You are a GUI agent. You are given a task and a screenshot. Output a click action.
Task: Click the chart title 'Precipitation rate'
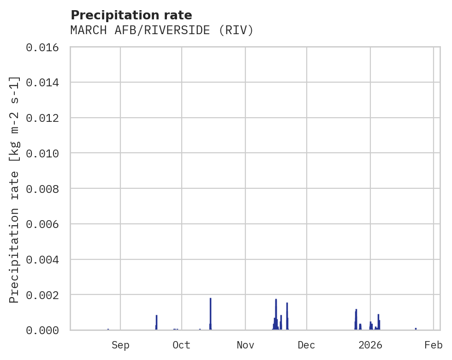131,15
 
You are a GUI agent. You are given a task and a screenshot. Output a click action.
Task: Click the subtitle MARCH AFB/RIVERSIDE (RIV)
162,30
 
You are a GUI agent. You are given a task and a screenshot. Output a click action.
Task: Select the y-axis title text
14,189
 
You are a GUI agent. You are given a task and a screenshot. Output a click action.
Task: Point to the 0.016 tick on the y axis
46,47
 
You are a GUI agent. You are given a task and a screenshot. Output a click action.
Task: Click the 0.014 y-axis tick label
46,83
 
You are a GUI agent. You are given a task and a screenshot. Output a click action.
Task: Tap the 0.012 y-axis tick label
46,118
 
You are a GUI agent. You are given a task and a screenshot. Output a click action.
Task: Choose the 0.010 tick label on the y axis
46,153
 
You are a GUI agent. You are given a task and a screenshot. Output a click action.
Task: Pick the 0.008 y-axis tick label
46,189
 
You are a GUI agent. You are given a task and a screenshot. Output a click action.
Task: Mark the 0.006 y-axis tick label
46,224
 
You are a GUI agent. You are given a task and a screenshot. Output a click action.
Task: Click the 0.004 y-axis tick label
46,259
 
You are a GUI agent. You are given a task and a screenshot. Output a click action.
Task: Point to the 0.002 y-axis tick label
46,295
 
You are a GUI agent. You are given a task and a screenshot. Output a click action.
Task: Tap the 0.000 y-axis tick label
46,330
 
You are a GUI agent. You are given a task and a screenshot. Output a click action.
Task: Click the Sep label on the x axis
120,345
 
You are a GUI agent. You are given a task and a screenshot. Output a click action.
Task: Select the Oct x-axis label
181,345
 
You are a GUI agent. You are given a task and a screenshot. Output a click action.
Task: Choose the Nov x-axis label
245,345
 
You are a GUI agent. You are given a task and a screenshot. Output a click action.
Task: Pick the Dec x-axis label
306,345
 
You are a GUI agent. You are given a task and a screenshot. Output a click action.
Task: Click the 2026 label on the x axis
370,345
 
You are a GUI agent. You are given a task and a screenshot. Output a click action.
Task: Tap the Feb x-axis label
434,345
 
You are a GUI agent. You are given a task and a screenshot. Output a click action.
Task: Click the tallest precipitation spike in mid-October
210,314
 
